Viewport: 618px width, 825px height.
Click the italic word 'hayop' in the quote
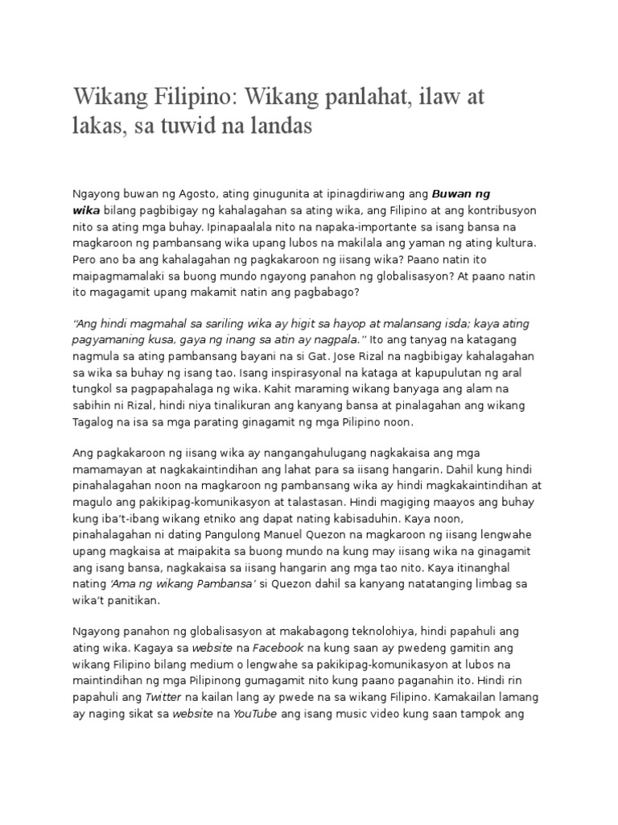[x=349, y=323]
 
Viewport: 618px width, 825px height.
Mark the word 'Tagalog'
[x=94, y=422]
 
